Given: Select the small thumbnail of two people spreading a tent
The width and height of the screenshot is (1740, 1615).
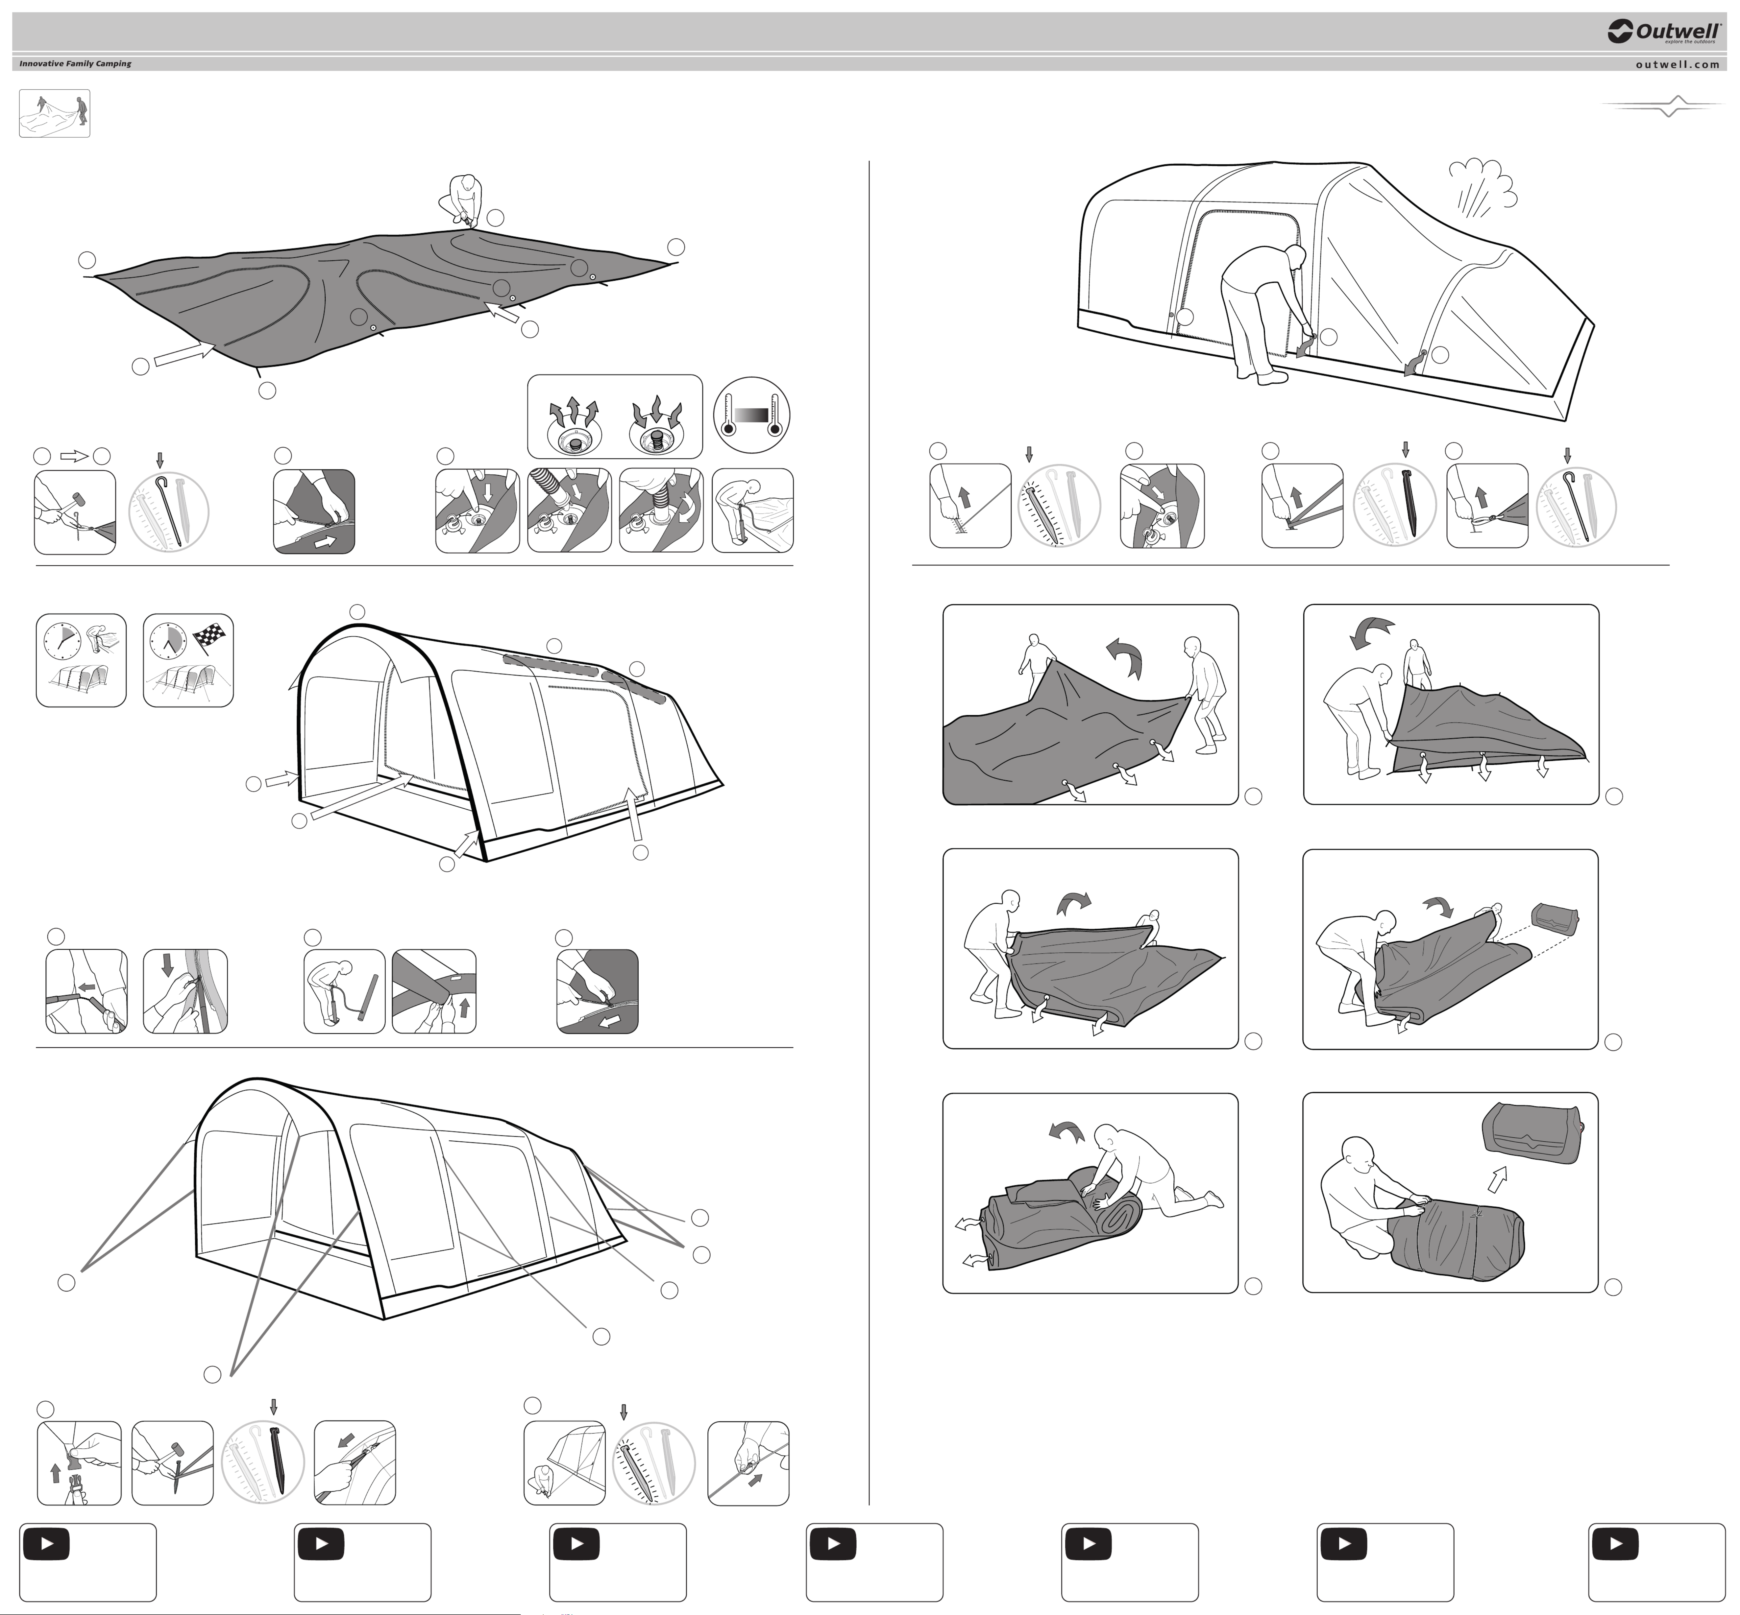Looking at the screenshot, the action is pyautogui.click(x=54, y=114).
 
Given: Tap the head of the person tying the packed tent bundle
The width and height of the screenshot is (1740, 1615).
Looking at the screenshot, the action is pyautogui.click(x=1356, y=1153).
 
